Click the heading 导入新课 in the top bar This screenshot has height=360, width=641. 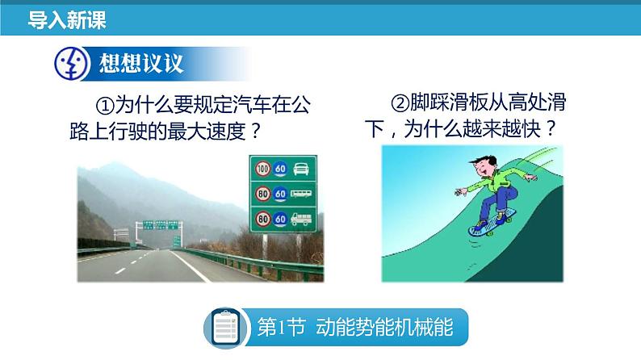tap(67, 19)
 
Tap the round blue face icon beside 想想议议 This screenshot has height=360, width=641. tap(72, 63)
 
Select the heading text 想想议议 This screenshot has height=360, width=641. tap(141, 63)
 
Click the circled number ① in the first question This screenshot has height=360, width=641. tap(105, 106)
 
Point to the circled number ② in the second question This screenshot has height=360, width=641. tap(400, 103)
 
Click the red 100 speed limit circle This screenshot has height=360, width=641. tap(263, 169)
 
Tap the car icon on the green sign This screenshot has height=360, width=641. tap(301, 169)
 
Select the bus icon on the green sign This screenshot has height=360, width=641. tap(301, 193)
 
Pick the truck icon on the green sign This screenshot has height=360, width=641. tap(301, 219)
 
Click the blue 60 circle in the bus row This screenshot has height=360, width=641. tap(280, 194)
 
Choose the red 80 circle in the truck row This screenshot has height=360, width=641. tap(263, 219)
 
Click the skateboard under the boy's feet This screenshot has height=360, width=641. tap(492, 223)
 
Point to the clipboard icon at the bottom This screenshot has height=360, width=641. tap(226, 328)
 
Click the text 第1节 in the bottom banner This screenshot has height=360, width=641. tap(281, 328)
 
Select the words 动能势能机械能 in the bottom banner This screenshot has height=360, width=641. tap(384, 328)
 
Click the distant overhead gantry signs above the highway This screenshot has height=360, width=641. tap(161, 225)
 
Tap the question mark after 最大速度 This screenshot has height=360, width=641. tap(254, 132)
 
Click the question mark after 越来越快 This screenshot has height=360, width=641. tap(551, 128)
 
